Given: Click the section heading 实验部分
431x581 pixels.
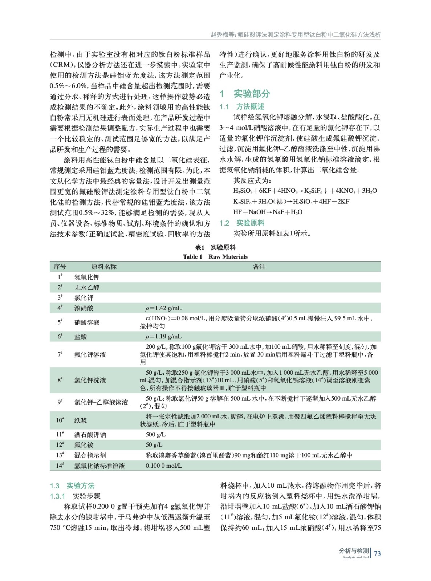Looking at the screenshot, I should pos(252,94).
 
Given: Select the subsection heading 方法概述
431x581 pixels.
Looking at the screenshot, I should pos(250,107).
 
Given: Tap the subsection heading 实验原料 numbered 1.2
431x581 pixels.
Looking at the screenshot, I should pos(250,223).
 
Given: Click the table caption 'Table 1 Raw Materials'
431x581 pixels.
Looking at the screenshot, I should pos(215,257).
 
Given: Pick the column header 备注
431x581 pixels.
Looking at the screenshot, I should pos(259,267).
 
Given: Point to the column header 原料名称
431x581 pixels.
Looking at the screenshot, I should pos(104,267).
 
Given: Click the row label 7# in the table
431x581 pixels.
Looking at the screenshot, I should pos(60,354).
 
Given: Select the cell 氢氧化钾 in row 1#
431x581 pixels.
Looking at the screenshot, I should pos(87,277).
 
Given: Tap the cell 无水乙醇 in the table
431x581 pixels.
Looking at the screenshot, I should pos(87,288).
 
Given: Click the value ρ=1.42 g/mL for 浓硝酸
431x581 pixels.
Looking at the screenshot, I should pos(163,308).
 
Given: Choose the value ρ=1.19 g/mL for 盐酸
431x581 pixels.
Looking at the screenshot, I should pos(163,337).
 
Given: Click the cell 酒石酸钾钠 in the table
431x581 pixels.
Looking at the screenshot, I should pos(90,435).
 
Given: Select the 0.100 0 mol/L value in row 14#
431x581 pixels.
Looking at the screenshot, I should pos(164,466).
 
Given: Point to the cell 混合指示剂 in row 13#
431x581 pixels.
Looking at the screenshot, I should pos(90,455).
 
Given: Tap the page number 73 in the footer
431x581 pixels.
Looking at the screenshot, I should pos(377,553).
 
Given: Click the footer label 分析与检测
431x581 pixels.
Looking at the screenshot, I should pos(354,551).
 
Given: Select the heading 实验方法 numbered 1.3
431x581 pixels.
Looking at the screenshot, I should pos(80,486).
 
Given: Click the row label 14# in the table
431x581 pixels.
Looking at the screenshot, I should pos(60,465).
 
